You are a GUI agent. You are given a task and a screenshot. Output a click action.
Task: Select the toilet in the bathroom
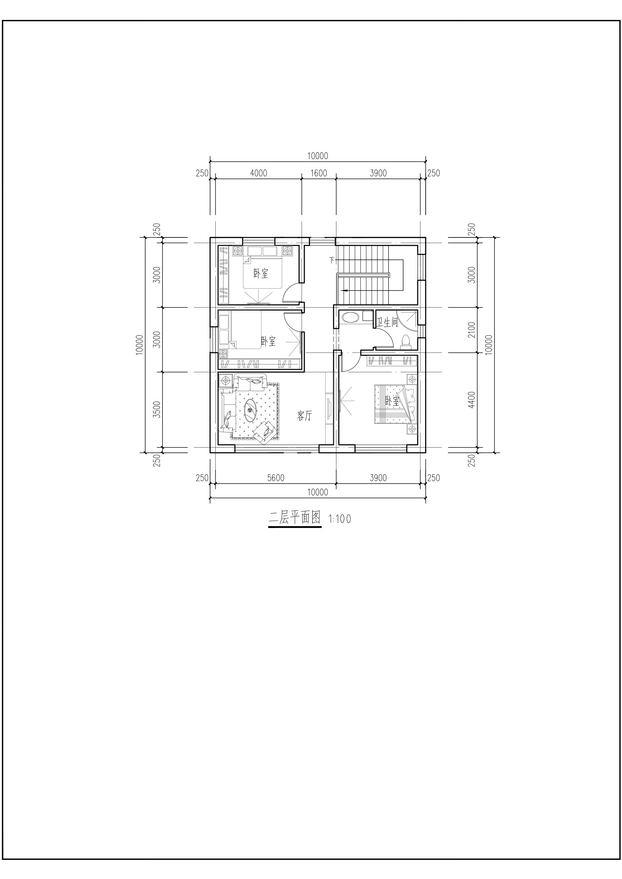point(406,342)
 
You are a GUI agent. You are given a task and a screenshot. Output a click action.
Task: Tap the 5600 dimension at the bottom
point(275,478)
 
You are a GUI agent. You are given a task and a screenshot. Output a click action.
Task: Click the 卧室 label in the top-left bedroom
point(261,273)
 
